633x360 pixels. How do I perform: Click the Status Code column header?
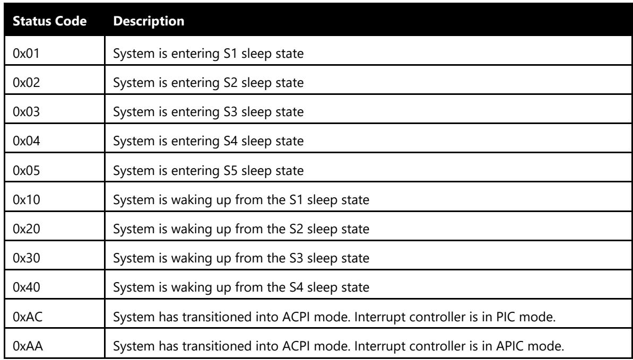pos(50,21)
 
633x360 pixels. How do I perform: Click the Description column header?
pos(149,21)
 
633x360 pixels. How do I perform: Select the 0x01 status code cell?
pos(26,53)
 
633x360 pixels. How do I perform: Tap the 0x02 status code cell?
pos(26,83)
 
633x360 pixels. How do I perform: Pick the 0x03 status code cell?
pos(26,112)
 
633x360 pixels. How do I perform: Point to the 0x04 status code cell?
pos(26,141)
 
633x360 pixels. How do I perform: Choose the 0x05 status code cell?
pos(26,170)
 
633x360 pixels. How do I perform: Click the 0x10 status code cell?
pos(26,200)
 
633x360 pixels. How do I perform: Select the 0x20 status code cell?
pos(26,229)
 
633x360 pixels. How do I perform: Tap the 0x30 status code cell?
pos(26,258)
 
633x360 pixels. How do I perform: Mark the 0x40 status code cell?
pos(26,287)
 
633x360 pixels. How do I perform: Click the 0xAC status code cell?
pos(28,317)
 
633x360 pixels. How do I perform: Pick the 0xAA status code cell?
pos(28,346)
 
